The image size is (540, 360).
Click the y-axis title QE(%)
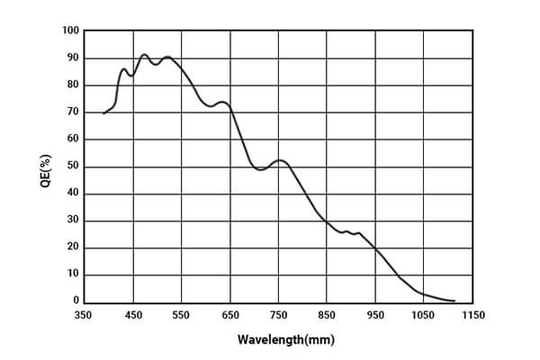coord(46,171)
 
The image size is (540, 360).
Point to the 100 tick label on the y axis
coord(71,31)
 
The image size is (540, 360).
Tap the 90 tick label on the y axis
coord(74,58)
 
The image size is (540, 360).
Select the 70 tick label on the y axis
coord(74,112)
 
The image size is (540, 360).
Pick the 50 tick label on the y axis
coord(74,166)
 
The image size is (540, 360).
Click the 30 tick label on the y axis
coord(74,220)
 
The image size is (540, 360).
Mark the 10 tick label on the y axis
coord(74,274)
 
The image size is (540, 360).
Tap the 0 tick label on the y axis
coord(76,301)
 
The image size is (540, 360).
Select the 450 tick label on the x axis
coord(134,316)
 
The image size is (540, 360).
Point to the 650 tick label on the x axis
coord(230,316)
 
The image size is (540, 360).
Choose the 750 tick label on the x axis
coord(279,316)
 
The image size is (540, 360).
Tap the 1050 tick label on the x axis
coord(423,316)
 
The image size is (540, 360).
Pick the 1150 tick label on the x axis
coord(472,316)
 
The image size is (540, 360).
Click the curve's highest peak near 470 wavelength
coord(144,55)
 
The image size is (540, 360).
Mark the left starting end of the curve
coord(103,113)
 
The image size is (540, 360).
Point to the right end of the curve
coord(454,301)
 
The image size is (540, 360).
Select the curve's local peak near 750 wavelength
coord(280,161)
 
